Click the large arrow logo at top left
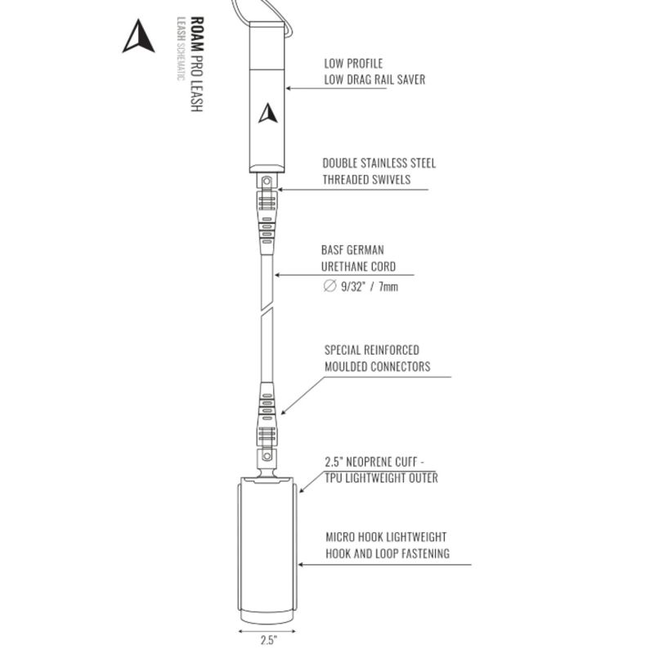(138, 37)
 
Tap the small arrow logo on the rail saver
(268, 114)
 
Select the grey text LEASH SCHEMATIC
(181, 49)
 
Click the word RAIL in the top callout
(381, 79)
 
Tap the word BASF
(333, 250)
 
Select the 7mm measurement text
(387, 287)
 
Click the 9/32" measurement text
(353, 287)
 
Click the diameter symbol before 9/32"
(329, 286)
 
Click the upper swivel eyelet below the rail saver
(267, 181)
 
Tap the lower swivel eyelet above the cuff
(267, 455)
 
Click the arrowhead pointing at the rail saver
(289, 88)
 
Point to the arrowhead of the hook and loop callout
(300, 565)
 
